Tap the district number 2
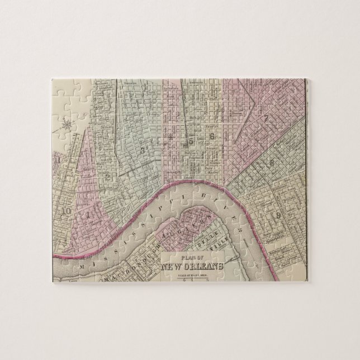[x=107, y=177]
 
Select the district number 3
[x=144, y=149]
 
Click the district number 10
[x=67, y=211]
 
